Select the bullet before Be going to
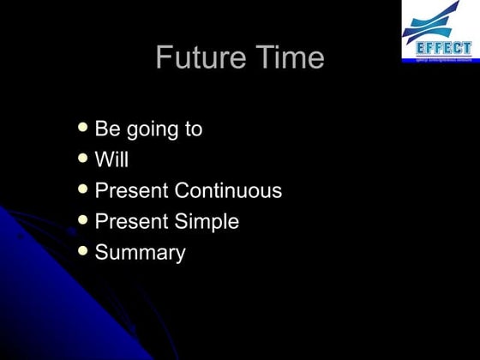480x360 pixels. click(x=82, y=127)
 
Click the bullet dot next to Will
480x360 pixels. click(x=82, y=158)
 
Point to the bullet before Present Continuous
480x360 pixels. click(x=82, y=189)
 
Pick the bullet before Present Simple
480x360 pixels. click(x=82, y=219)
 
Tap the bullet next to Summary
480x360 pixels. click(x=82, y=250)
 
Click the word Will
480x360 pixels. click(x=111, y=160)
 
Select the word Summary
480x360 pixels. click(x=140, y=253)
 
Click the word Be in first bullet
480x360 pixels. click(x=107, y=129)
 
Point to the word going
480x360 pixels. click(x=153, y=131)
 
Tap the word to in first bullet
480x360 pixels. click(x=193, y=129)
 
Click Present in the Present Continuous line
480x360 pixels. click(x=131, y=191)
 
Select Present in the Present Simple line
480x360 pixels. click(x=131, y=222)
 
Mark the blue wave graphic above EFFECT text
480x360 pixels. click(x=437, y=21)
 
